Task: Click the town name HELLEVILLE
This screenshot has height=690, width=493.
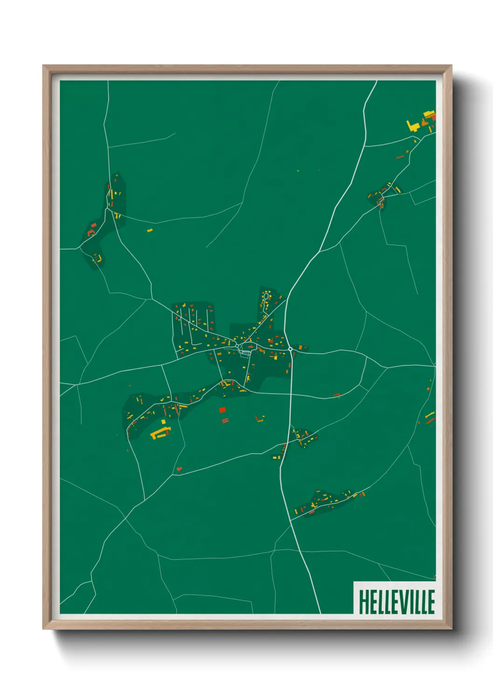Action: (x=397, y=601)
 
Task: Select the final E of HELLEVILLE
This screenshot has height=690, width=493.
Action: (x=431, y=601)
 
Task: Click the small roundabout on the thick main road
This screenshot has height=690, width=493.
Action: (x=290, y=349)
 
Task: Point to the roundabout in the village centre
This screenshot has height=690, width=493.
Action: (x=237, y=346)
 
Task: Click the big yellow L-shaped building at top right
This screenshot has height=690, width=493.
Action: (x=411, y=126)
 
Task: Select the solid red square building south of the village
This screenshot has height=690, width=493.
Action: (x=222, y=410)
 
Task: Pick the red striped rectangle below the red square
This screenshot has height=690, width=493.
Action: (x=225, y=421)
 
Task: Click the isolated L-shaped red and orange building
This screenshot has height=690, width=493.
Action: (x=260, y=418)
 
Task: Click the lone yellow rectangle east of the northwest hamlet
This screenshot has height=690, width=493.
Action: (x=150, y=230)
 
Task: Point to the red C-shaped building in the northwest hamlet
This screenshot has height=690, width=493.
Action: (x=91, y=231)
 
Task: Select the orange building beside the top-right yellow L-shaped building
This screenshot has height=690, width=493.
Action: (x=424, y=123)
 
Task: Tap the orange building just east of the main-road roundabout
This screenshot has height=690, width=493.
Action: (x=301, y=347)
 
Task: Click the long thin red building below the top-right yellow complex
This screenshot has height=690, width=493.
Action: (x=400, y=157)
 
